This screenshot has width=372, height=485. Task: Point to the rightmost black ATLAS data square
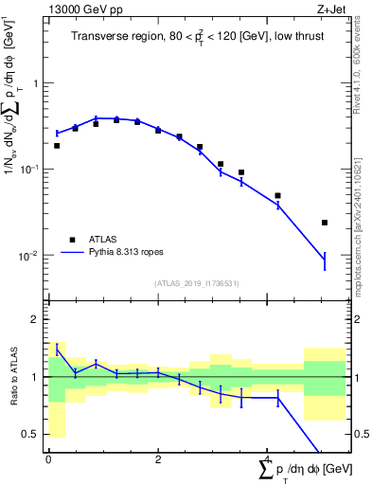[325, 223]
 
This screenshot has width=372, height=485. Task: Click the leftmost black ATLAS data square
[57, 146]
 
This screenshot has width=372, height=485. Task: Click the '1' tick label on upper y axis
[36, 83]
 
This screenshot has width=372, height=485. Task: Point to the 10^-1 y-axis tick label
[30, 170]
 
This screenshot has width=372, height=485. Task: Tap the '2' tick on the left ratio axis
[36, 319]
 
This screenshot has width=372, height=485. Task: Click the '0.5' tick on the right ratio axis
[360, 434]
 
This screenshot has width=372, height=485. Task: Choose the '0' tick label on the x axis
[47, 458]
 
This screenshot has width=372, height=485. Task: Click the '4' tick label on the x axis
[268, 458]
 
